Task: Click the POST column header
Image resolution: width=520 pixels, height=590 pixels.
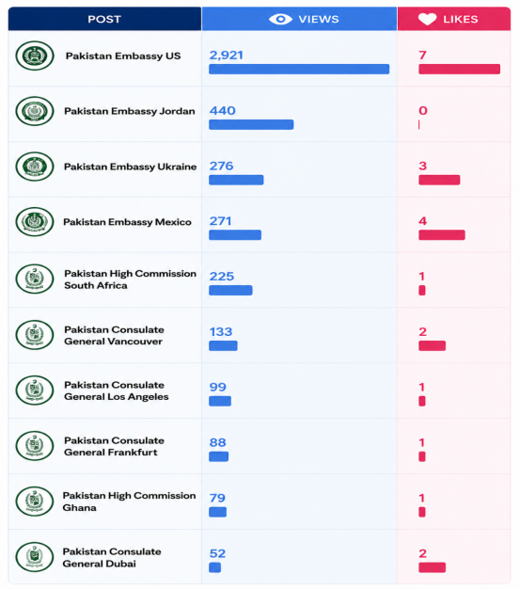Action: pyautogui.click(x=104, y=19)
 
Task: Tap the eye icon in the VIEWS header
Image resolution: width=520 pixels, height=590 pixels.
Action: pyautogui.click(x=280, y=19)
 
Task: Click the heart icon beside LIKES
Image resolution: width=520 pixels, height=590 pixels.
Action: pyautogui.click(x=428, y=19)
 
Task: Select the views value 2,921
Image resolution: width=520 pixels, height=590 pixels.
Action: pyautogui.click(x=227, y=56)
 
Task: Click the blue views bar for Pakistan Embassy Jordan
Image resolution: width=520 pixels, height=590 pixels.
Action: pyautogui.click(x=251, y=124)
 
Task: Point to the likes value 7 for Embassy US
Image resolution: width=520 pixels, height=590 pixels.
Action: pyautogui.click(x=422, y=56)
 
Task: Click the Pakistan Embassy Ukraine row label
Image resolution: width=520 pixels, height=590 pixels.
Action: pyautogui.click(x=130, y=167)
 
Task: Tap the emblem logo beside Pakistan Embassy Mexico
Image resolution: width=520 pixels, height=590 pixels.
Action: pyautogui.click(x=35, y=222)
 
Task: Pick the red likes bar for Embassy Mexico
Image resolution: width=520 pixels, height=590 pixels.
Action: pyautogui.click(x=442, y=235)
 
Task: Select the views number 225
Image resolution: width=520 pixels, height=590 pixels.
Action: pyautogui.click(x=222, y=277)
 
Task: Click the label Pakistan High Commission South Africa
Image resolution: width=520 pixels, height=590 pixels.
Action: pyautogui.click(x=130, y=279)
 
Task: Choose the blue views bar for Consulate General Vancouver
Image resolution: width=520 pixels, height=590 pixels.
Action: pyautogui.click(x=223, y=345)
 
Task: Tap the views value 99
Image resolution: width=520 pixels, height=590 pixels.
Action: pyautogui.click(x=218, y=387)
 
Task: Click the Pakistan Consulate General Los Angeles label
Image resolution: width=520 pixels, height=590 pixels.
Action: pyautogui.click(x=117, y=391)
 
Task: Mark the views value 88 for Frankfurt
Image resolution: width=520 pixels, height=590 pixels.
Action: pyautogui.click(x=218, y=442)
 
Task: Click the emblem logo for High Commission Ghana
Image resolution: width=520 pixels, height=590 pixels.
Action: pyautogui.click(x=35, y=502)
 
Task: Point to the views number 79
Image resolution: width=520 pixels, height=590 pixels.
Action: pyautogui.click(x=217, y=498)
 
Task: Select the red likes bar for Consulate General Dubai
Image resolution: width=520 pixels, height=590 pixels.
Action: pyautogui.click(x=432, y=567)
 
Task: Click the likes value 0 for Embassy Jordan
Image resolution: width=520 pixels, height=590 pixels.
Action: pyautogui.click(x=423, y=111)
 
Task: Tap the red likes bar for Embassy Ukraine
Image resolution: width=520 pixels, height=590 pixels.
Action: pyautogui.click(x=439, y=180)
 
